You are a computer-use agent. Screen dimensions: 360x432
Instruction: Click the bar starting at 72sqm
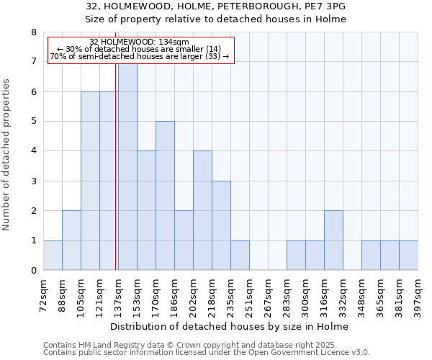click(x=53, y=256)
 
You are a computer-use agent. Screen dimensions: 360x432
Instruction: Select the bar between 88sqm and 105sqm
click(x=71, y=240)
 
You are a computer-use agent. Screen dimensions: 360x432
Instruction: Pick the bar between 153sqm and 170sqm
click(x=146, y=211)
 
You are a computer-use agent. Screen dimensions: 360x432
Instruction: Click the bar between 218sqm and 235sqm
click(x=221, y=226)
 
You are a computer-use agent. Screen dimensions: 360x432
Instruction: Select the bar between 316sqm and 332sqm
click(x=333, y=240)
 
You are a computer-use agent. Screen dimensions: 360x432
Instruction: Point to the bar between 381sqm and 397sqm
click(x=408, y=256)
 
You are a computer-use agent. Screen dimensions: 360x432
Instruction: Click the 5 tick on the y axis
click(x=34, y=121)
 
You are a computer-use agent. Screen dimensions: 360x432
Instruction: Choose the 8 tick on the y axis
click(x=34, y=32)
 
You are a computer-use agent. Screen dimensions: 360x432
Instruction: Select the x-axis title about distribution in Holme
click(x=230, y=327)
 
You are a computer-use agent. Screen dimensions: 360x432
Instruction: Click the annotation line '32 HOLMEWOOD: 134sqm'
click(x=140, y=42)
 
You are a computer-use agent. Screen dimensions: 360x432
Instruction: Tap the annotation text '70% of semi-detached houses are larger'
click(x=140, y=56)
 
